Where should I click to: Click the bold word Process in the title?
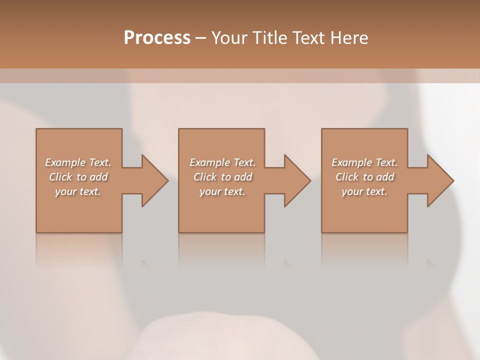click(x=157, y=37)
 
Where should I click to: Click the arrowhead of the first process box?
click(x=154, y=180)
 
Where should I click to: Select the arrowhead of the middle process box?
click(x=297, y=180)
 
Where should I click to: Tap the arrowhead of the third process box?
click(x=440, y=180)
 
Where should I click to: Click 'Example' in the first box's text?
click(x=65, y=162)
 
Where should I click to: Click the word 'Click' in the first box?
click(x=60, y=177)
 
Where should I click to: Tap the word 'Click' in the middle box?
click(x=205, y=177)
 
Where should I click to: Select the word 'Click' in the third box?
click(x=347, y=177)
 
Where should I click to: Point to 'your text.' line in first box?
click(x=78, y=191)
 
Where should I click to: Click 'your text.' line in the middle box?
click(x=222, y=191)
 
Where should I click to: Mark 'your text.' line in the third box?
click(x=364, y=191)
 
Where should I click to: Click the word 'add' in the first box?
click(x=99, y=177)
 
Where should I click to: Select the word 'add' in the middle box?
click(x=243, y=177)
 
